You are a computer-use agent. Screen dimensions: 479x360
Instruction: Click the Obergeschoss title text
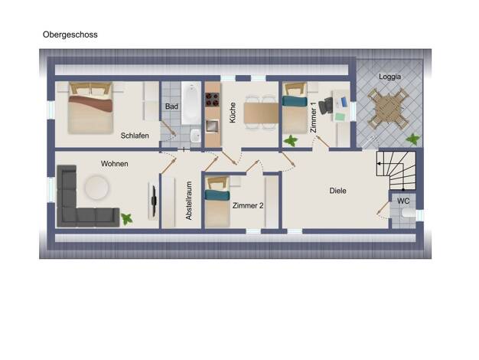coord(70,34)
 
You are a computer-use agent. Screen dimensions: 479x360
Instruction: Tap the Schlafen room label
coord(135,136)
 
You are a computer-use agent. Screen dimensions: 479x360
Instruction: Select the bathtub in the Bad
coord(191,103)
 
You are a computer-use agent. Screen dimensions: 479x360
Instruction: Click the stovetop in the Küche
coord(213,99)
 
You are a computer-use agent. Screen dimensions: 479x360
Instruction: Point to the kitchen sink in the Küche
coord(212,126)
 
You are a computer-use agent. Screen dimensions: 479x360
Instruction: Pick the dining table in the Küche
coord(261,113)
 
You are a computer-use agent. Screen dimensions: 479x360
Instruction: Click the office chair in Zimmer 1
coord(325,106)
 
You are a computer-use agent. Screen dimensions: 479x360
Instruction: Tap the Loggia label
coord(389,77)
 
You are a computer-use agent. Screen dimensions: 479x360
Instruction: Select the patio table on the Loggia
coord(389,108)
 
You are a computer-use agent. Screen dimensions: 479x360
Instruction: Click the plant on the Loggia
coord(413,139)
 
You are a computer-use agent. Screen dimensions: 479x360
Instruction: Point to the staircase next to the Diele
coord(396,170)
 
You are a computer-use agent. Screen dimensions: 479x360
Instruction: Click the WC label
coord(403,201)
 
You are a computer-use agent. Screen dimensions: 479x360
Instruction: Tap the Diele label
coord(338,191)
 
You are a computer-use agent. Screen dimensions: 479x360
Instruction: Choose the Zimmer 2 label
coord(248,206)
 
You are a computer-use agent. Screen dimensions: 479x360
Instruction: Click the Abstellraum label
coord(189,201)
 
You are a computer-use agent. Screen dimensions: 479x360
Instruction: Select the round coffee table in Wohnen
coord(97,187)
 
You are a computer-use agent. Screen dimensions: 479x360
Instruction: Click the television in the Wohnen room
coord(154,201)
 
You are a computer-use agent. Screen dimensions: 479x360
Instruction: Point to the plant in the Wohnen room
coord(126,219)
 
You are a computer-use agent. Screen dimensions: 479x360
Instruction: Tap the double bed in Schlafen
coord(90,108)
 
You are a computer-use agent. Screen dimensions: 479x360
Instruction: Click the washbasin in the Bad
coord(195,136)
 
